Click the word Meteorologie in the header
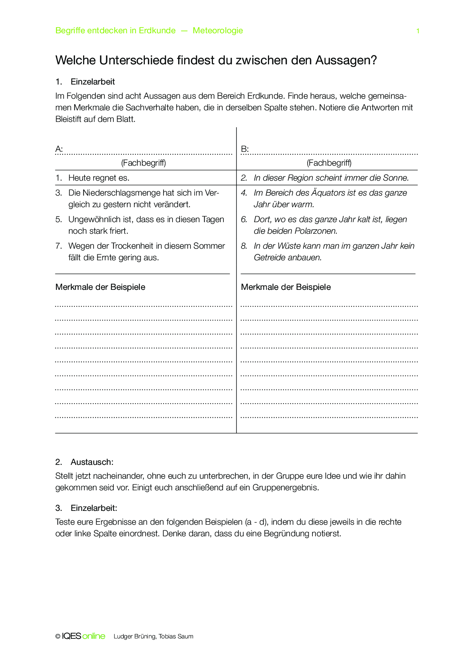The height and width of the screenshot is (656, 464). point(218,31)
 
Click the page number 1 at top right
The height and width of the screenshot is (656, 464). point(418,31)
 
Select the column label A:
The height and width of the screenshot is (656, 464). point(59,149)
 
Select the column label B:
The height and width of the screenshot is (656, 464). point(245,149)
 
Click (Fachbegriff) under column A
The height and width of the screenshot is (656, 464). point(143,163)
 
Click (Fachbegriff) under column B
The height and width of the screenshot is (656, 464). point(329,163)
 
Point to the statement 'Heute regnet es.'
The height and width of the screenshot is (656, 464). point(99,178)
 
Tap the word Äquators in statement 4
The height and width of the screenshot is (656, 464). point(331,193)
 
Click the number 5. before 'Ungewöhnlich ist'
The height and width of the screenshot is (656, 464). point(59,220)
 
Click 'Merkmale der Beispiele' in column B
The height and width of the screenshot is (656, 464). point(286,287)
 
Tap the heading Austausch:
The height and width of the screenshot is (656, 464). point(92,462)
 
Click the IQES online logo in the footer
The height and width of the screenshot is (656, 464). point(83,636)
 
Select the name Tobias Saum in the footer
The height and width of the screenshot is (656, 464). point(176,637)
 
